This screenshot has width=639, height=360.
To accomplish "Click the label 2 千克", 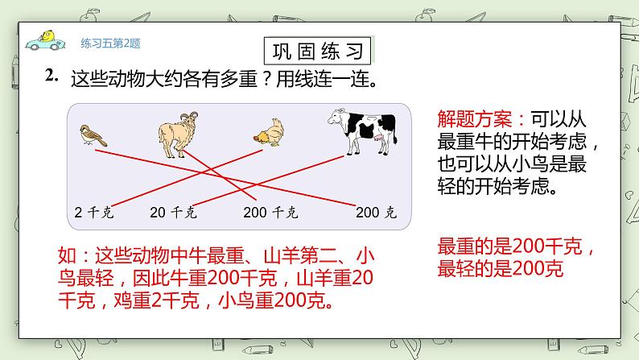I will pyautogui.click(x=92, y=213).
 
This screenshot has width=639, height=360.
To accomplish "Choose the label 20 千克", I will pyautogui.click(x=173, y=213).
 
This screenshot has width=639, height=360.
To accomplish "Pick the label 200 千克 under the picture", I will pyautogui.click(x=270, y=213).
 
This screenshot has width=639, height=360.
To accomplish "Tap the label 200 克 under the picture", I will pyautogui.click(x=376, y=213).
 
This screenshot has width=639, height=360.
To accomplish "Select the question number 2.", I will pyautogui.click(x=53, y=77).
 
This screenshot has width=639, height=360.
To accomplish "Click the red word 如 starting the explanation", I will pyautogui.click(x=68, y=258).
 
